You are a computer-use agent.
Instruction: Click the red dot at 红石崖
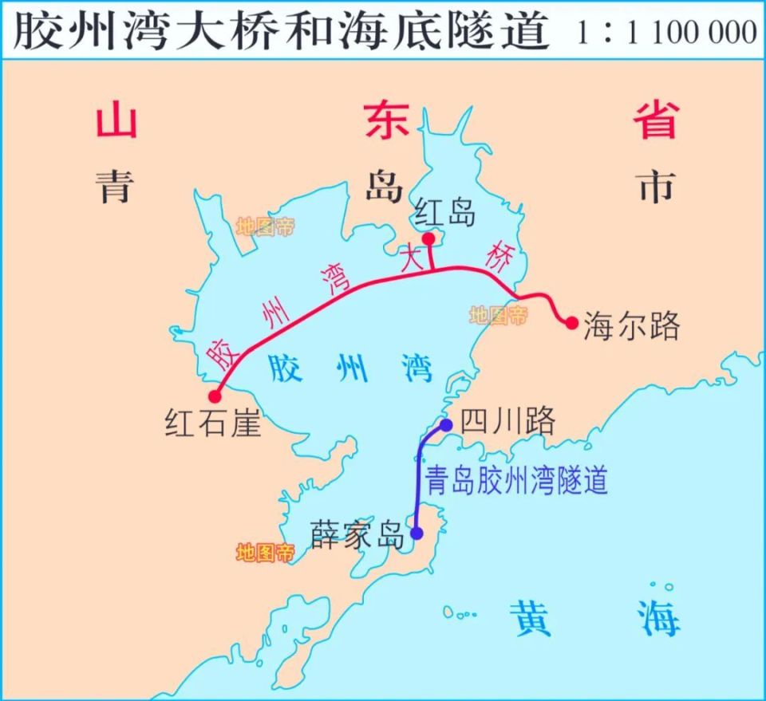click(215, 396)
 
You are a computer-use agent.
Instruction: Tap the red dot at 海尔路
click(571, 322)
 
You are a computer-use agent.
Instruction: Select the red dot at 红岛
click(428, 238)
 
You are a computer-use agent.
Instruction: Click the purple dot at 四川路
click(446, 425)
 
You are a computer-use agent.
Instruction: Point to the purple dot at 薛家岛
click(416, 533)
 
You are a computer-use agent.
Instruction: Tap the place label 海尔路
click(632, 325)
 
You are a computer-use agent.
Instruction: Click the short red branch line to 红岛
click(431, 256)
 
